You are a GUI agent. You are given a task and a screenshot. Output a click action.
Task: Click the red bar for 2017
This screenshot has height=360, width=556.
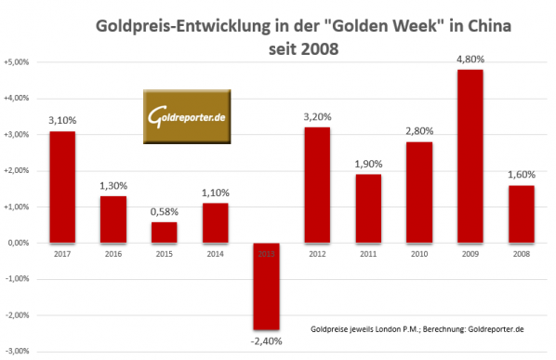(62, 187)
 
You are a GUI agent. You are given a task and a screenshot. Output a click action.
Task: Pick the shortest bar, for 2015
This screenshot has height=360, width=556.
(165, 232)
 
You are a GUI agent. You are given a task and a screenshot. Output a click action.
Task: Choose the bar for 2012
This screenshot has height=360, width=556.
(318, 185)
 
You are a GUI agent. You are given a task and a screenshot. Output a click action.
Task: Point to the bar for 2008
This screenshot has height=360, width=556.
(523, 214)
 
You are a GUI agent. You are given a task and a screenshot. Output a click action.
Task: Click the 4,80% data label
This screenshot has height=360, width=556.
(471, 60)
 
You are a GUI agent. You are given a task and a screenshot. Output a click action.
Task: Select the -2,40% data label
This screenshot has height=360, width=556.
(267, 341)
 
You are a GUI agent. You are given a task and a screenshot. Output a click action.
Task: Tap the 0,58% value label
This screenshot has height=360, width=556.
(165, 212)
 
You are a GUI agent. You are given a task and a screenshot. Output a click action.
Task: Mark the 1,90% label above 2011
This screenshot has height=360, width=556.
(369, 165)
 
